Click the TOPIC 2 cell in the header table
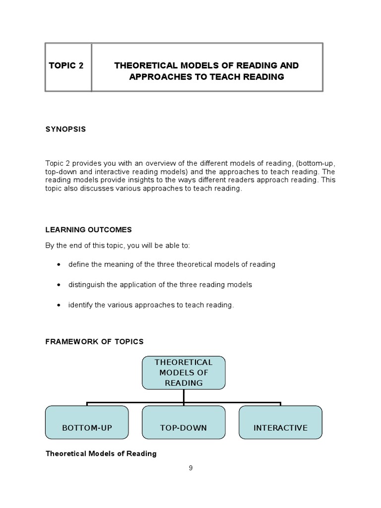(66, 66)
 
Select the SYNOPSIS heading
(65, 129)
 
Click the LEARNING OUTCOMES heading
(88, 230)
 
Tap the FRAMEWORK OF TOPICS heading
(94, 341)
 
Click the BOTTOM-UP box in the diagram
(87, 423)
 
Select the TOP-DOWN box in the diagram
(184, 423)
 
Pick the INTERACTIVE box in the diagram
(280, 423)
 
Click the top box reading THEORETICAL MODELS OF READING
(184, 373)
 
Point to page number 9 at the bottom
(190, 468)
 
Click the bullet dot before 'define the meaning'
(59, 264)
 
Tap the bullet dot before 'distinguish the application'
(59, 285)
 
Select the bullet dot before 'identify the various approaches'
(59, 305)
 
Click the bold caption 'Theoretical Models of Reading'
(101, 453)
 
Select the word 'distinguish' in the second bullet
(86, 285)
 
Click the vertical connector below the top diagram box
(184, 395)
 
